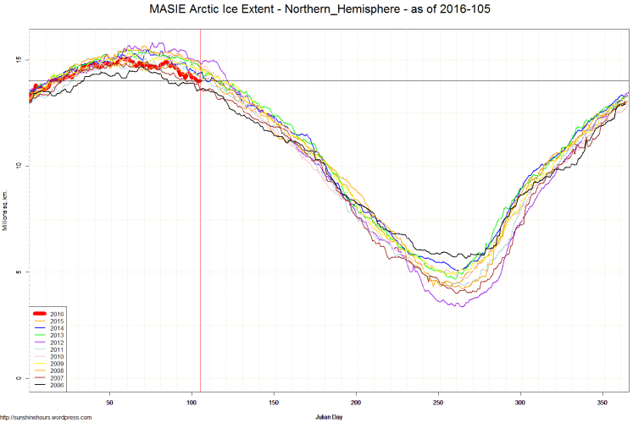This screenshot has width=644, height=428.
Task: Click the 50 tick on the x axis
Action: click(109, 403)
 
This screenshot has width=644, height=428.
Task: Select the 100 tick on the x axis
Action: click(192, 403)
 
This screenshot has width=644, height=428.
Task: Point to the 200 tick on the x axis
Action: click(356, 403)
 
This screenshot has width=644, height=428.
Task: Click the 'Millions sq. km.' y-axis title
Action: click(5, 211)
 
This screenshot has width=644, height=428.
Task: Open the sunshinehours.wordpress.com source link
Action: click(46, 417)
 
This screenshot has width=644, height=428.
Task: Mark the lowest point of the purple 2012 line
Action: click(461, 305)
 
